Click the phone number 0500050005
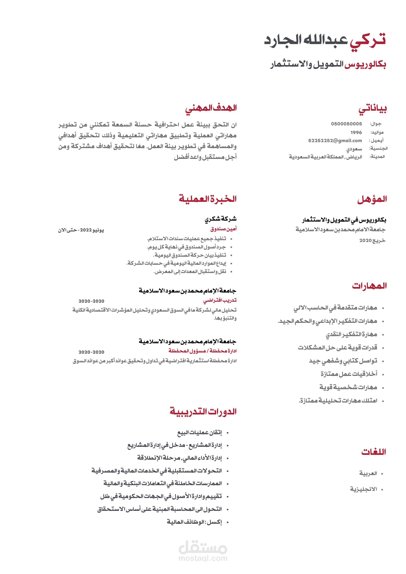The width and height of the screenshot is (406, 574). point(346,124)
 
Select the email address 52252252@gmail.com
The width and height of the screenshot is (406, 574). point(335,141)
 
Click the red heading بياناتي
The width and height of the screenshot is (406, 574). point(372,109)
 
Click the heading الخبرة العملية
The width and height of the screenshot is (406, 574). point(208,199)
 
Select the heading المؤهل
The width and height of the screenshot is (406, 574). point(372,199)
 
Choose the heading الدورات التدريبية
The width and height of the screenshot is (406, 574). point(203,411)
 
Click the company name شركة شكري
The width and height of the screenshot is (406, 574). point(220,219)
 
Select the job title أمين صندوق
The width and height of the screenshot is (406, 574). point(223,229)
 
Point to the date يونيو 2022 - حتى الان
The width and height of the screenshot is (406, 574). point(81,230)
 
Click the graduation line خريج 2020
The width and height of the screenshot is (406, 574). point(372,240)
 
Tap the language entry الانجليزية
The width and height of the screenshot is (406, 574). point(363,489)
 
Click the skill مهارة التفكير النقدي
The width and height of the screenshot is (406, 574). point(351,335)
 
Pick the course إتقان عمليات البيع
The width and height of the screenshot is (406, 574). point(200,433)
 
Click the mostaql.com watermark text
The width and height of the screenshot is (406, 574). point(203,558)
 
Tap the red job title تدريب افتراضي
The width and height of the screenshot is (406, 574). point(220,300)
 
